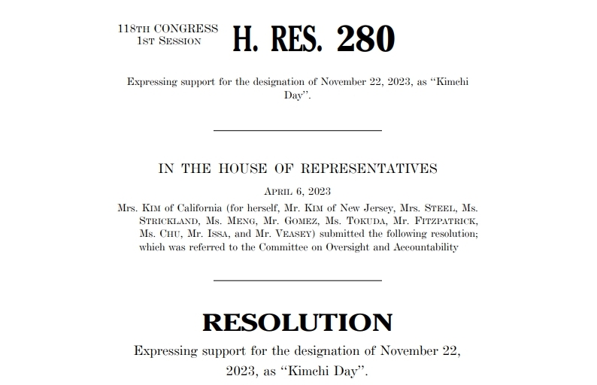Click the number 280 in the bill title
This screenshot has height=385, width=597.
pos(365,38)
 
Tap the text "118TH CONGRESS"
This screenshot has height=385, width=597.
pos(168,29)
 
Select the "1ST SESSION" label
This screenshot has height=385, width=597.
pos(168,41)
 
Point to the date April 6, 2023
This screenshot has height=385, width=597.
pos(298,192)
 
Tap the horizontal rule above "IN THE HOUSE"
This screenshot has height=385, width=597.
pos(298,131)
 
